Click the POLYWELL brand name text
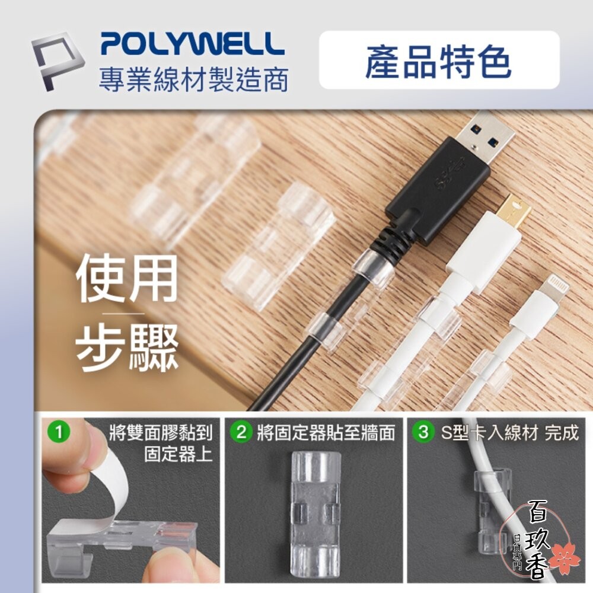192,44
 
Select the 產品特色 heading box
439,60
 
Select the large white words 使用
126,278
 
